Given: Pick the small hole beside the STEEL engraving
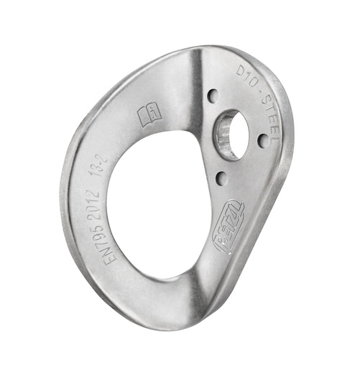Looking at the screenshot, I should click(x=263, y=141).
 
